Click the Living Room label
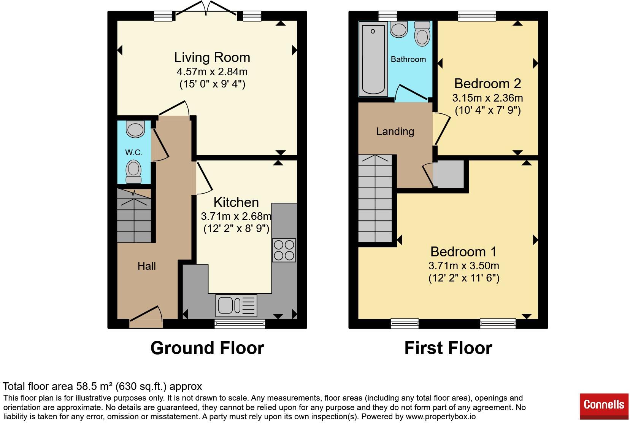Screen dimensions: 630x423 point(212,57)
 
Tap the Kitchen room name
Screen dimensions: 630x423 point(236,202)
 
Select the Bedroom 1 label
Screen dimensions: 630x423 point(463,251)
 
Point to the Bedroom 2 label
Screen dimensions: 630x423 point(487,84)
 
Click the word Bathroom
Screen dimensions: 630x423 point(408,59)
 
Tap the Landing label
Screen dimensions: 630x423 point(395,132)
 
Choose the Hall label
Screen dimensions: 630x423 point(146,266)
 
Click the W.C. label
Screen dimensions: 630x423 point(134,153)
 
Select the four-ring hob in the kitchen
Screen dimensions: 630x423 point(284,250)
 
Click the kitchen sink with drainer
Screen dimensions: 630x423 point(236,305)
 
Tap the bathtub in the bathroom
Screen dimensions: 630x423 point(373,59)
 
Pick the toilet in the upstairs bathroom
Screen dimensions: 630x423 point(422,34)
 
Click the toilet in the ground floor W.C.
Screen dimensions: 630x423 point(133,172)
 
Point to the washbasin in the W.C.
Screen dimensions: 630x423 point(135,129)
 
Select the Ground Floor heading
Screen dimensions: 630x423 point(207,348)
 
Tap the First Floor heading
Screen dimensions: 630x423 point(448,348)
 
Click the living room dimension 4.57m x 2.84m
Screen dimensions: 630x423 point(212,72)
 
